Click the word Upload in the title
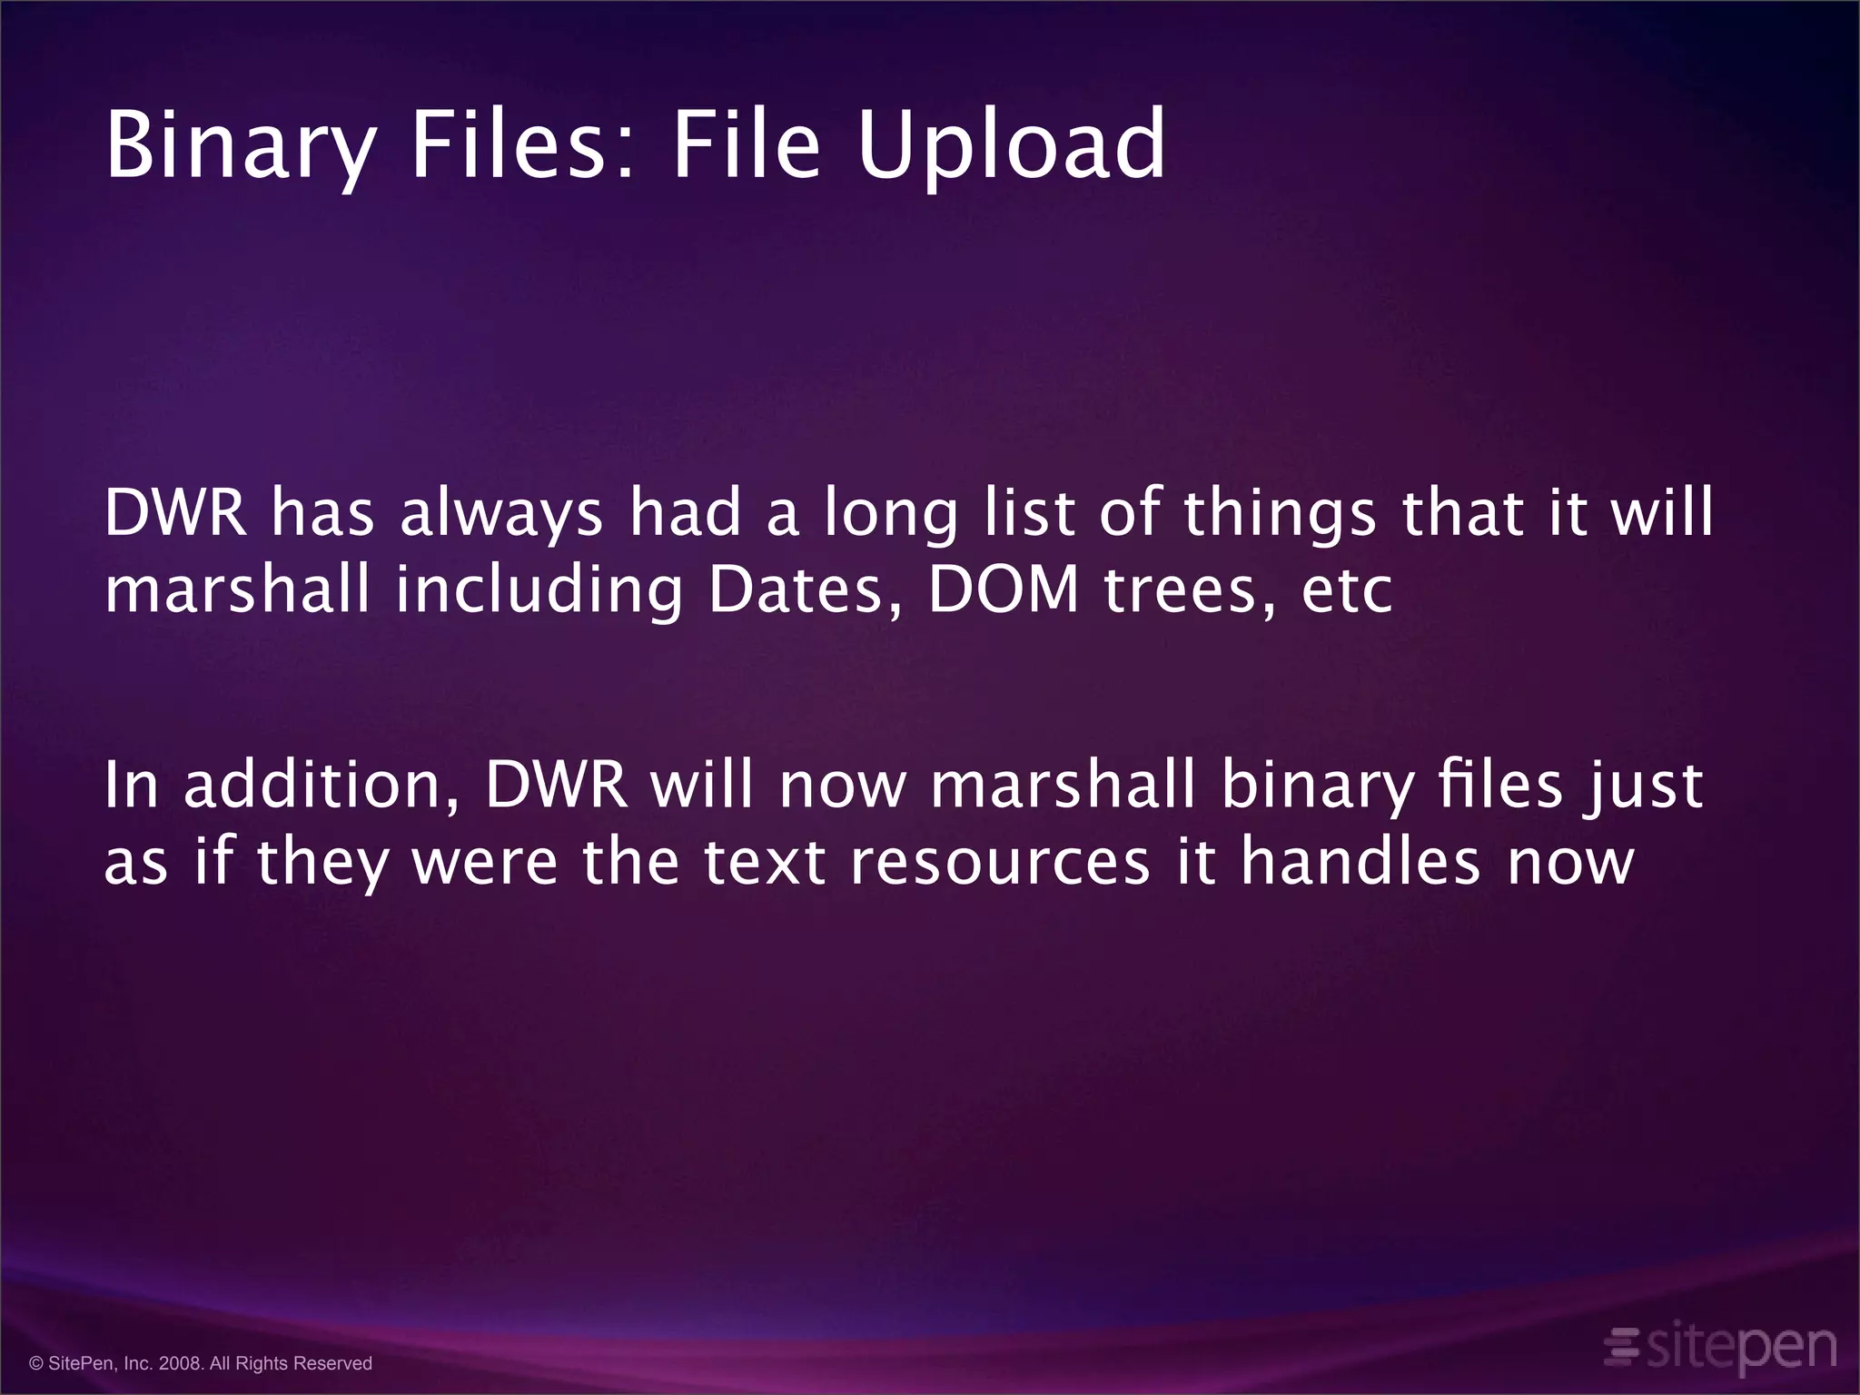click(x=1011, y=145)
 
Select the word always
click(x=501, y=514)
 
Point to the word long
click(x=890, y=514)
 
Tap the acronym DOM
click(x=1004, y=589)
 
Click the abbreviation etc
click(x=1347, y=591)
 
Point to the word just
click(x=1644, y=786)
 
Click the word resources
click(x=1000, y=862)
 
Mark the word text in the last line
click(x=764, y=862)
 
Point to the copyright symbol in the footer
click(x=36, y=1363)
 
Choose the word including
click(x=539, y=591)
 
